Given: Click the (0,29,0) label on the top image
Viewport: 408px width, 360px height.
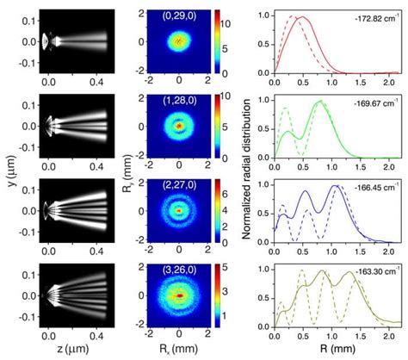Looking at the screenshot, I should pos(178,15).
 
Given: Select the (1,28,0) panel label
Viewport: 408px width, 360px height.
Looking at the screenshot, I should pos(178,101).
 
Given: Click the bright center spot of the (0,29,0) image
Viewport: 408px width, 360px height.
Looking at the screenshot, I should pos(179,40).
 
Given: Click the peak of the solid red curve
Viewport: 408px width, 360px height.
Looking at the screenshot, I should pos(302,17).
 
